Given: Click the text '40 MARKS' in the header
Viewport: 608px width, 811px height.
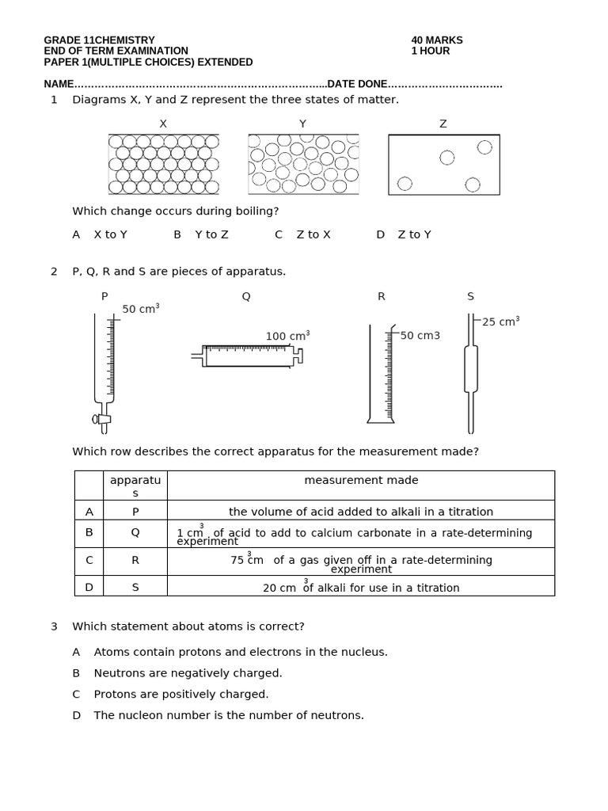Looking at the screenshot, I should (x=436, y=40).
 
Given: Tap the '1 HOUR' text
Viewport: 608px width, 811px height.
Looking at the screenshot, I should (x=430, y=51).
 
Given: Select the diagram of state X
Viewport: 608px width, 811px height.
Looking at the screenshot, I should (x=163, y=164).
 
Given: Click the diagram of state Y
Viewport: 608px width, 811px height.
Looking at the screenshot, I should (x=303, y=164).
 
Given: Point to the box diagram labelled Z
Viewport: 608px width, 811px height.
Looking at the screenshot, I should (x=443, y=164).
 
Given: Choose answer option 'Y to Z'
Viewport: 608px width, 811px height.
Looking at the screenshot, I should (x=211, y=234).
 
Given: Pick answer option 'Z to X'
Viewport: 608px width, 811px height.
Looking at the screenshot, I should (x=313, y=234).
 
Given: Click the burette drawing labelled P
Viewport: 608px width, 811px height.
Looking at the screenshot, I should (x=104, y=371).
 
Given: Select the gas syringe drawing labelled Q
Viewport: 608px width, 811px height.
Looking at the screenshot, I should (x=248, y=356).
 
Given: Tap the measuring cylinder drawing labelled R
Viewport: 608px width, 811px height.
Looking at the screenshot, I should (x=381, y=373).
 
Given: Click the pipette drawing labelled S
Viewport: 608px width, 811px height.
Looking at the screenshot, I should (x=470, y=372).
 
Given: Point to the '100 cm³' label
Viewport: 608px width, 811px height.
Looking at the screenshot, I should (x=287, y=336).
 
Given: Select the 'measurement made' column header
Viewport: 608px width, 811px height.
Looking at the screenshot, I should (x=361, y=480).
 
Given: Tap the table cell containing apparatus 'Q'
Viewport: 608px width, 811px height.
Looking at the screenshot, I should (x=135, y=533).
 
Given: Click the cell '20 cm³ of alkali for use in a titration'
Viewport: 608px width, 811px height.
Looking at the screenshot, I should (x=361, y=587).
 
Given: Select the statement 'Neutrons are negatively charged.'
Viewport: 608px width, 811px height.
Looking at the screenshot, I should (x=188, y=673).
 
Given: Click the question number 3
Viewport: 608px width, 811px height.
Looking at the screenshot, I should (x=54, y=626).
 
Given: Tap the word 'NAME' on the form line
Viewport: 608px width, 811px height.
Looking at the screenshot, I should (x=59, y=84).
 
